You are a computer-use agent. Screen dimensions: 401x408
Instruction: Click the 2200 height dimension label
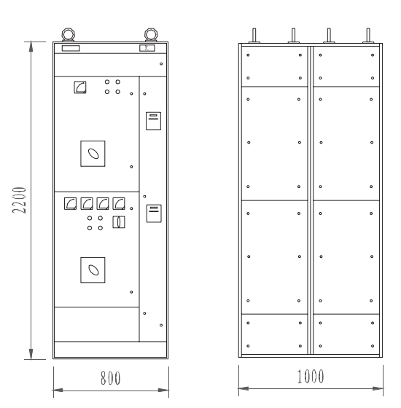[x=20, y=200]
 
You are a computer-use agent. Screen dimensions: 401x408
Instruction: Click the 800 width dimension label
[x=111, y=378]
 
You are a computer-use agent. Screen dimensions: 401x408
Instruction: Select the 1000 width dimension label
[x=311, y=376]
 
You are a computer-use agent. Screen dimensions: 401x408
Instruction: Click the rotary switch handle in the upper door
[x=93, y=154]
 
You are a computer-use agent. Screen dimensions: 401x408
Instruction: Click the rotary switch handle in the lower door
[x=93, y=270]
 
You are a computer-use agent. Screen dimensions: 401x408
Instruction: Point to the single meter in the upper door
[x=80, y=87]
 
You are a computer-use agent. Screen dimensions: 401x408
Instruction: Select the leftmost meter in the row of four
[x=70, y=203]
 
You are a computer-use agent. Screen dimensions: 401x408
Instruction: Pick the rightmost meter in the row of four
[x=119, y=203]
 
